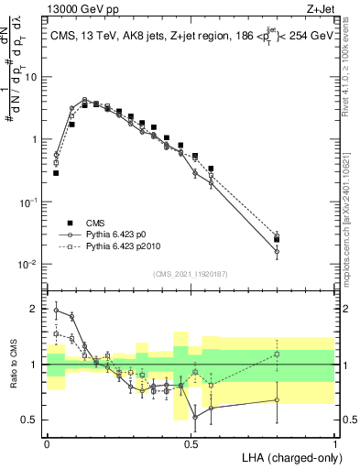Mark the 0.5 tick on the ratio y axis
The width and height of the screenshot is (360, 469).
click(x=33, y=420)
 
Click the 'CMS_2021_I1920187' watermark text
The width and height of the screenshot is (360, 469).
click(x=191, y=274)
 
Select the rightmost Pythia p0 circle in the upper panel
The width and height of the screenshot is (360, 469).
click(x=277, y=251)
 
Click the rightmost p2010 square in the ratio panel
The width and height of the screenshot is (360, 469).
click(x=277, y=354)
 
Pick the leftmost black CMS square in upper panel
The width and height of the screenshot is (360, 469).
click(x=56, y=172)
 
